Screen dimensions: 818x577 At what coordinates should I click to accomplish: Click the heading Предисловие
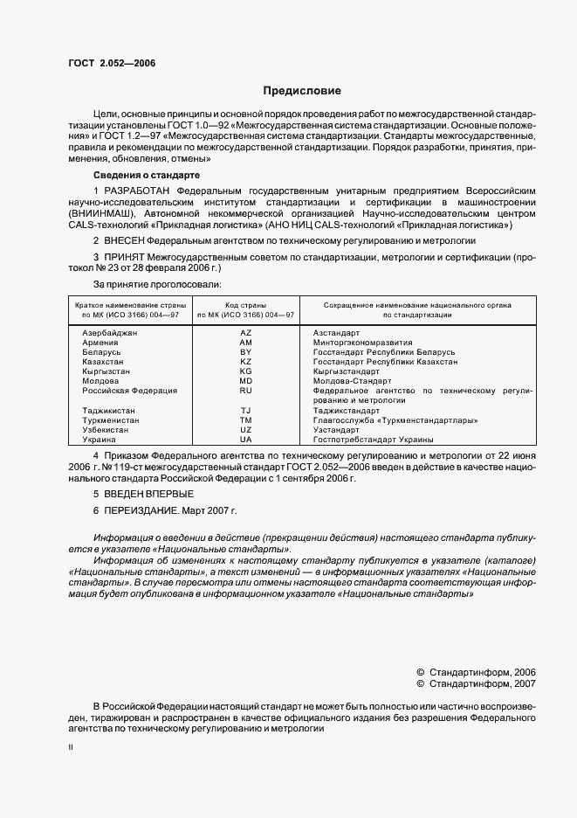[x=302, y=91]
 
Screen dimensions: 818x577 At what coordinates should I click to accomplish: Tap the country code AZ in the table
[x=245, y=333]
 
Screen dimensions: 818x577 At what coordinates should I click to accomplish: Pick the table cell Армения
[x=100, y=343]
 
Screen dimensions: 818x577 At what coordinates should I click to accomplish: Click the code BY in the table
[x=245, y=352]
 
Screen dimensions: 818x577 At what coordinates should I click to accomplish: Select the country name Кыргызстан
[x=106, y=371]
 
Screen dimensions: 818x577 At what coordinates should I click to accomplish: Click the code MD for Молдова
[x=245, y=381]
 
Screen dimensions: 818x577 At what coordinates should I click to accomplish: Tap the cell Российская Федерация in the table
[x=129, y=391]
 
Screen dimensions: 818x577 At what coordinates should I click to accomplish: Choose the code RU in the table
[x=245, y=391]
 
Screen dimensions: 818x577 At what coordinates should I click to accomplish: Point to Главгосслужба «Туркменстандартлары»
[x=395, y=420]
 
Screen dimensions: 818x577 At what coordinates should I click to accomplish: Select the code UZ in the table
[x=245, y=430]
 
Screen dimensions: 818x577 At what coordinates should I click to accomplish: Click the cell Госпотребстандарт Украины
[x=373, y=440]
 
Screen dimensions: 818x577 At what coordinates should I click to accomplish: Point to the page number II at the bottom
[x=71, y=749]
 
